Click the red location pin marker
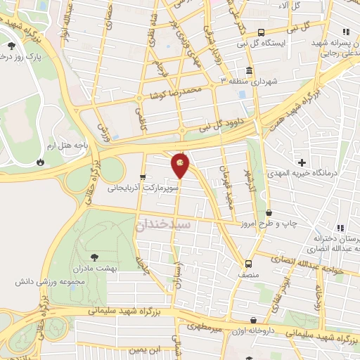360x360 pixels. [180, 165]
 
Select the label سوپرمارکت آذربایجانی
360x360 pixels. [139, 188]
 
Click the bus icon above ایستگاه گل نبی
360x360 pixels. [261, 32]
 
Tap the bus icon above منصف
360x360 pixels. [247, 263]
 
